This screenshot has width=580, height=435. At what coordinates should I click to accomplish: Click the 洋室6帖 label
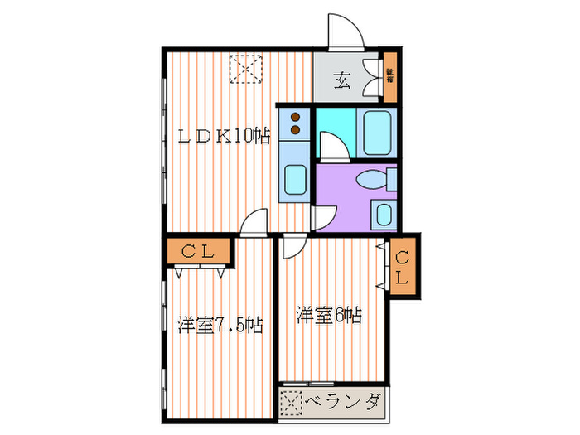tap(329, 315)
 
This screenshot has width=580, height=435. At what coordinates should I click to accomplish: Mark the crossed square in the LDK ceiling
tap(246, 69)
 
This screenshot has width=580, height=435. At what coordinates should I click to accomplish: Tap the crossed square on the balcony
tap(292, 403)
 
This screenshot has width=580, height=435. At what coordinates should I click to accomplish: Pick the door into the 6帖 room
tap(293, 247)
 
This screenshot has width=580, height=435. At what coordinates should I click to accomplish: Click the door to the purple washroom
tap(324, 216)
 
